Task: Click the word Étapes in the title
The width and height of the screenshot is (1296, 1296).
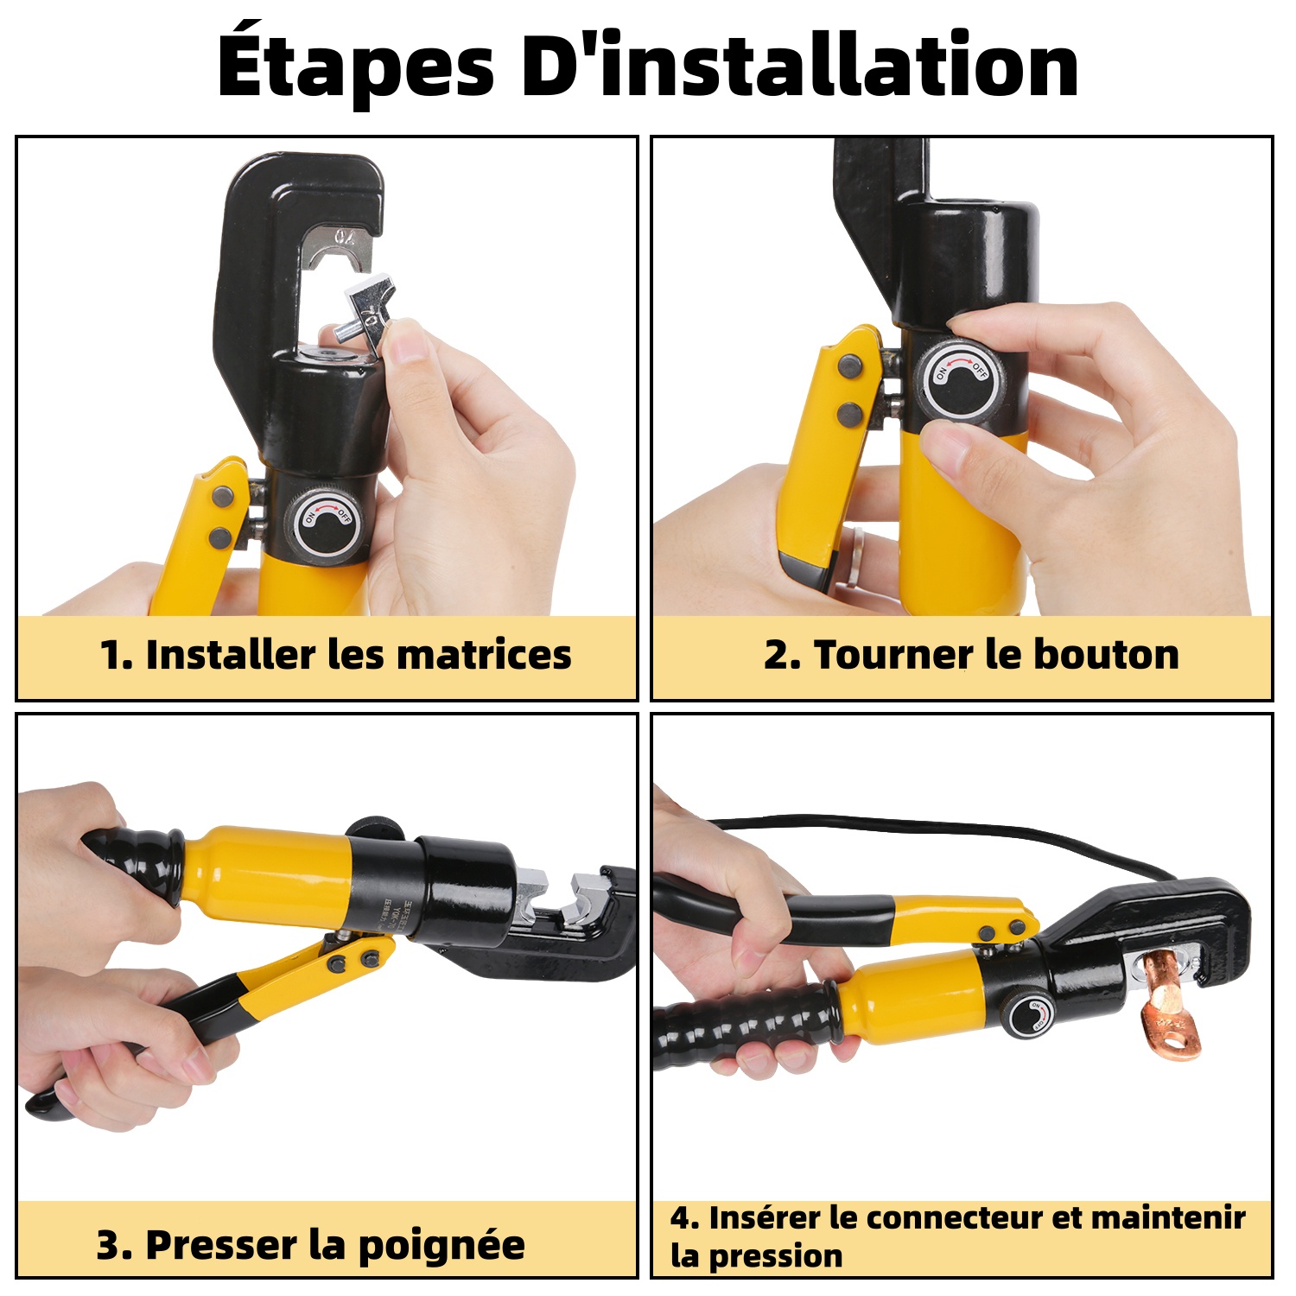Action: [x=355, y=66]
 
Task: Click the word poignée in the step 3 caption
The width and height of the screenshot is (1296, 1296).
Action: [x=441, y=1247]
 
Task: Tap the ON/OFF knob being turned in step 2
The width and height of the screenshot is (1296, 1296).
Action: [x=959, y=381]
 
